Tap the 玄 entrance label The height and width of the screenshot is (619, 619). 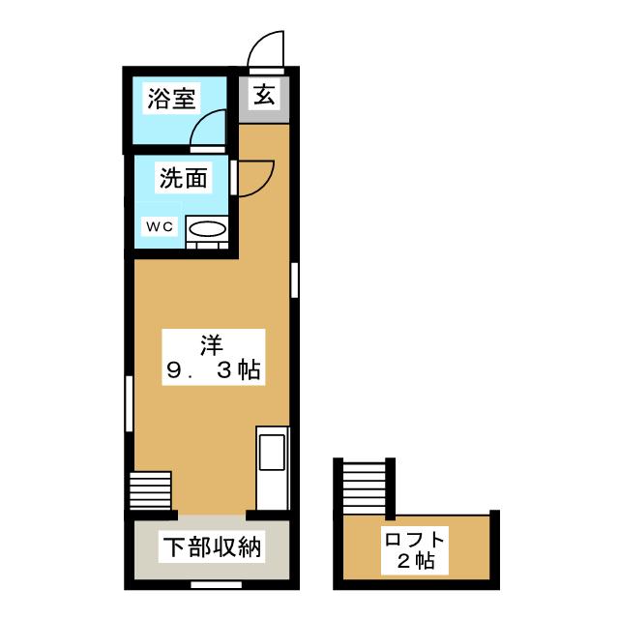point(263,96)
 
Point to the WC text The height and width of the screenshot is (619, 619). point(159,226)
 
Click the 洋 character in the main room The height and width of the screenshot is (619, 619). point(212,343)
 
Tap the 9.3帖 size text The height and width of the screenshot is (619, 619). point(212,370)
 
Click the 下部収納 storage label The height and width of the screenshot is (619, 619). point(212,548)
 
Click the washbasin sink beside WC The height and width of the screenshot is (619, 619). point(206,231)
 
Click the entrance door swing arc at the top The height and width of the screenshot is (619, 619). point(266,48)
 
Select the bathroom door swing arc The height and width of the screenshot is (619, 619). point(209,127)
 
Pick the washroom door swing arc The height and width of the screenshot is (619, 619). point(254,177)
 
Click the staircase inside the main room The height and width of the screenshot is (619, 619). point(151,489)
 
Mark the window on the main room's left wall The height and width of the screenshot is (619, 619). point(130,405)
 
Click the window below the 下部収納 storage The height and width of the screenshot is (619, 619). point(210,585)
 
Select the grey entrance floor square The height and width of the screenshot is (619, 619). point(264,98)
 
